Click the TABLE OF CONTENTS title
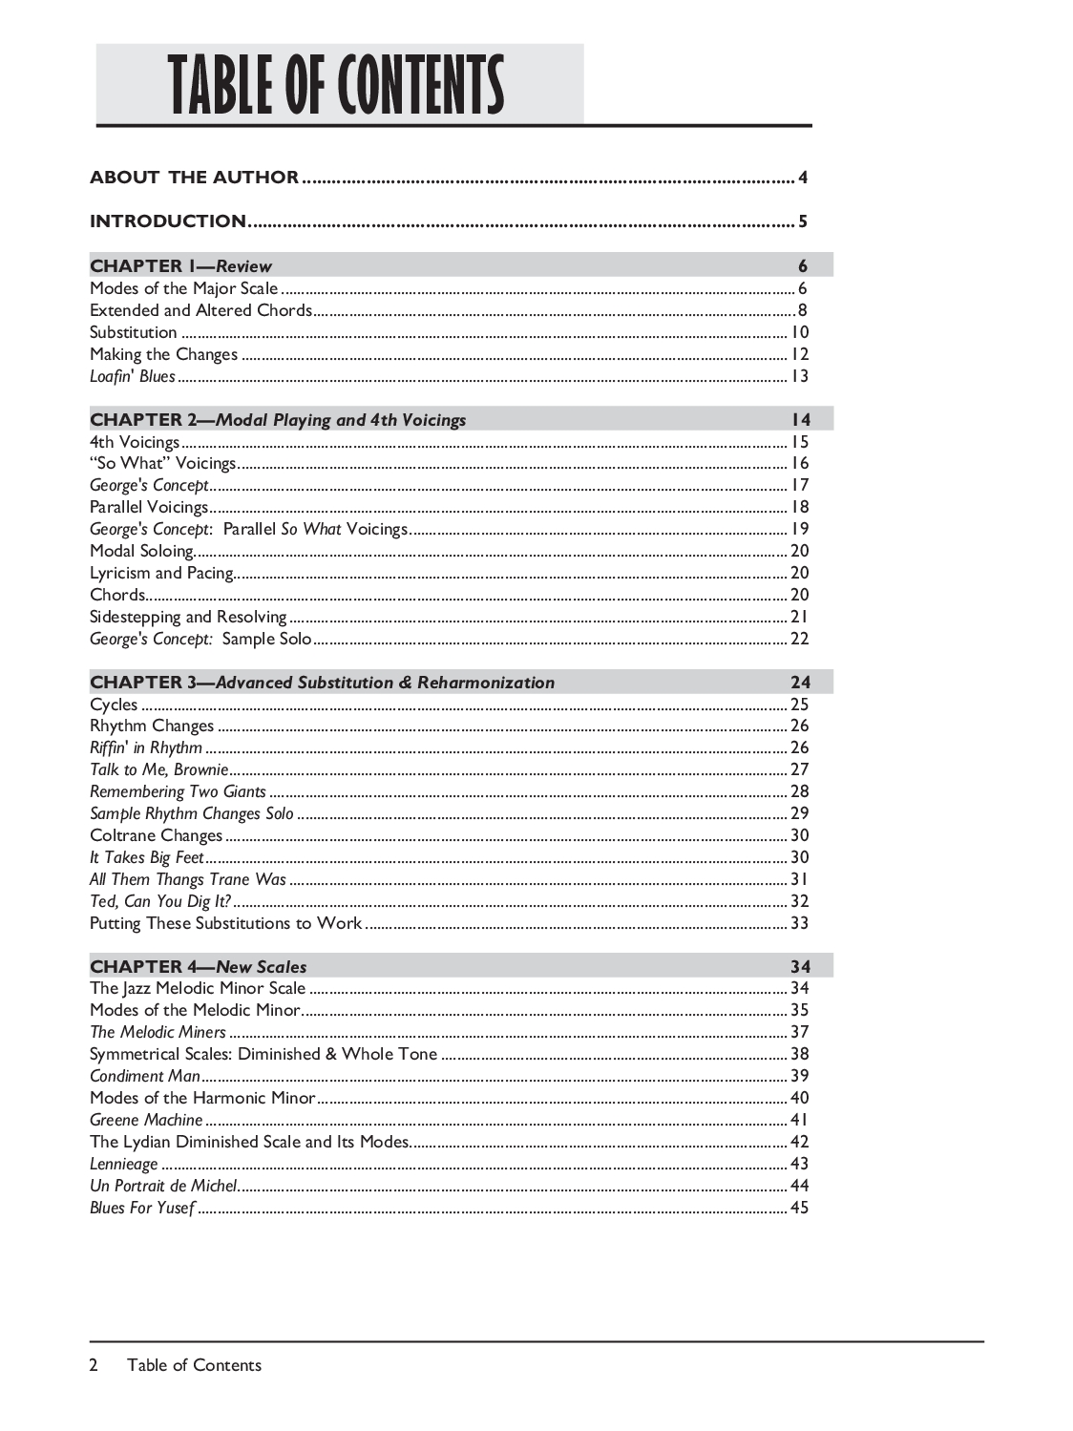(337, 85)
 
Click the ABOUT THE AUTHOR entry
(194, 178)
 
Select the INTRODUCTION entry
(168, 221)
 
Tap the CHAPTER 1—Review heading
(180, 266)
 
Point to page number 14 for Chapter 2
(800, 420)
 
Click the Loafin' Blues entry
(133, 376)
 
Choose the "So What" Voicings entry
(162, 463)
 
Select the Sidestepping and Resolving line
(188, 617)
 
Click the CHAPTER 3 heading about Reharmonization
(322, 683)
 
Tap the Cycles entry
(114, 705)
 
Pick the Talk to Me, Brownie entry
(158, 769)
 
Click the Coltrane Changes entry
(156, 835)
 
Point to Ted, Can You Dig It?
(160, 901)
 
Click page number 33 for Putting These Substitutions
(800, 923)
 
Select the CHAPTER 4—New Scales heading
(198, 966)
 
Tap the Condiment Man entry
(144, 1076)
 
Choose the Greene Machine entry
(146, 1120)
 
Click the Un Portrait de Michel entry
(163, 1186)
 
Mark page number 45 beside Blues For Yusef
(800, 1208)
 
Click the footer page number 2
(94, 1365)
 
